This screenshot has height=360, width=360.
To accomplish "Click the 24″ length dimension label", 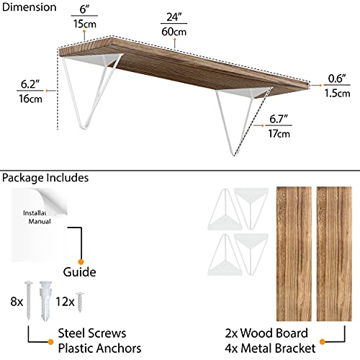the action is pos(174,17).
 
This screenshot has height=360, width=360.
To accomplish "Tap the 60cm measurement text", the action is pos(174,32).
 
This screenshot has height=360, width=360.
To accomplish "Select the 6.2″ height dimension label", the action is pos(30,84).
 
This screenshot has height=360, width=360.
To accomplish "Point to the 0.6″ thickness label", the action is pos(337,78).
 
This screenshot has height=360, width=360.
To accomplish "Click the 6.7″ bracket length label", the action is pos(279,119).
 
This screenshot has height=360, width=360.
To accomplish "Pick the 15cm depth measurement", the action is pos(85,24).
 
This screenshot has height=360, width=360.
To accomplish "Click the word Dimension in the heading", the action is pos(29,7).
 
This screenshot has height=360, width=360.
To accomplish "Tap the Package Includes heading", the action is pos(45,178).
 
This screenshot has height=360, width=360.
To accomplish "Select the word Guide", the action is pos(79,272).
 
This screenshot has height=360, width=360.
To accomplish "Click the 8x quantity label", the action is pos(17,302).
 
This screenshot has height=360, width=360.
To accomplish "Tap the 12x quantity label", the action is pos(65,302).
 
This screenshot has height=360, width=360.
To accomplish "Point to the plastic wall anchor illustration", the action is pos(45,301).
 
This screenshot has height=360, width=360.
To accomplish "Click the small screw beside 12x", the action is pos(80,302).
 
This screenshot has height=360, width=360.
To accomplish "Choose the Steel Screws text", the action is pos(92,333).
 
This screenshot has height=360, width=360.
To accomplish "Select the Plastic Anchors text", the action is pos(99,348).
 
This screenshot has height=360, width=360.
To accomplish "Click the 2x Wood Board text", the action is pos(266,333).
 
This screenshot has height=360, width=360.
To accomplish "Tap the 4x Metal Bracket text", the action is pos(270,348).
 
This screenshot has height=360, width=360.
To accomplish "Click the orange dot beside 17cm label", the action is pos(263,125).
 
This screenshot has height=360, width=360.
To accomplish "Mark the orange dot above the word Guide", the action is pos(81,261).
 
